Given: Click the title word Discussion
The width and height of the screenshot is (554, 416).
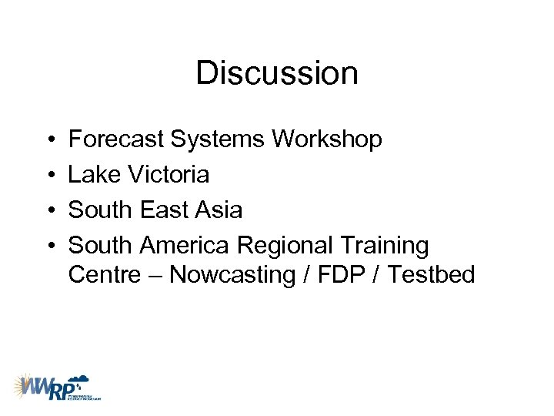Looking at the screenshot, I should pyautogui.click(x=277, y=74).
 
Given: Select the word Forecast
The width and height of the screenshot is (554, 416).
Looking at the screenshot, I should pyautogui.click(x=115, y=139).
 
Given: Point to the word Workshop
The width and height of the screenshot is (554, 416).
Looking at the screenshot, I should pyautogui.click(x=327, y=139).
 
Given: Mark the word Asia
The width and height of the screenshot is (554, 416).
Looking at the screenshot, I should pyautogui.click(x=220, y=210).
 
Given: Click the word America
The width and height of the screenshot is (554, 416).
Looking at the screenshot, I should pyautogui.click(x=184, y=246).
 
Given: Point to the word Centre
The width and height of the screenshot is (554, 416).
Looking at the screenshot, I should pyautogui.click(x=104, y=275).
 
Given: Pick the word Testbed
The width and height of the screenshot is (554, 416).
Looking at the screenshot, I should pyautogui.click(x=432, y=275).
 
